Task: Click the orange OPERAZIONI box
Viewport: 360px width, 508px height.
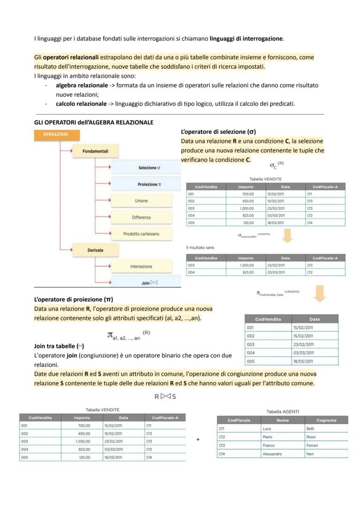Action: click(56, 135)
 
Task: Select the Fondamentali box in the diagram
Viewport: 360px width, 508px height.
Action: click(95, 151)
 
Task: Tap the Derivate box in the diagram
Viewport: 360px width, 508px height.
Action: click(95, 250)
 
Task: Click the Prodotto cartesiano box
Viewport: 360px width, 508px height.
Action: click(141, 234)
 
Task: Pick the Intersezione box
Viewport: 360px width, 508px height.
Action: click(141, 266)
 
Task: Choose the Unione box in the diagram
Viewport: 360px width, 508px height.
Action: click(141, 201)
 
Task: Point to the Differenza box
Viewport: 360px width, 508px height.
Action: click(141, 217)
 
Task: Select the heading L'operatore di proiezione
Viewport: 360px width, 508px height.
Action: click(73, 299)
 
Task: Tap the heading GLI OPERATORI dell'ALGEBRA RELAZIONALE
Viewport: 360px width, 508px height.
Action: click(93, 123)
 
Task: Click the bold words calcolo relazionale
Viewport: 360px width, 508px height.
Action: click(81, 104)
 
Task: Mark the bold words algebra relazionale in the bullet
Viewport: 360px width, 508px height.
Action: click(82, 85)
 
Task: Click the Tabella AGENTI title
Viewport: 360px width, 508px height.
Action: click(283, 411)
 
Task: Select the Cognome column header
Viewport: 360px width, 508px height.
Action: click(326, 420)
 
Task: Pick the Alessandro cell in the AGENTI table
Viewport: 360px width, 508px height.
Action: click(272, 454)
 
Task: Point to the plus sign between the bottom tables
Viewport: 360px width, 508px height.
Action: click(198, 439)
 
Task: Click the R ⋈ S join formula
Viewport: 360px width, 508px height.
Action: click(165, 396)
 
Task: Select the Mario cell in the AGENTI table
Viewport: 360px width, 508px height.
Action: click(267, 437)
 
